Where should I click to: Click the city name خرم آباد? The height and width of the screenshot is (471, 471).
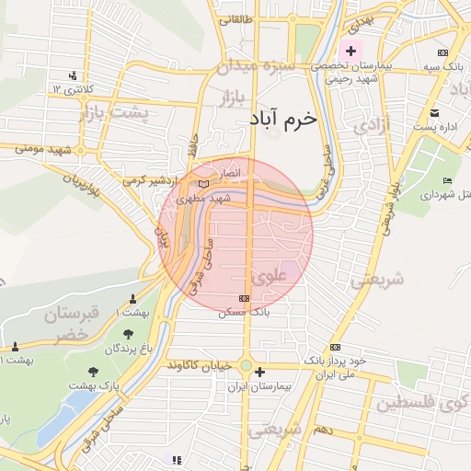(282, 119)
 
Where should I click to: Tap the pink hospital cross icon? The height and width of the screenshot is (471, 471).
(351, 50)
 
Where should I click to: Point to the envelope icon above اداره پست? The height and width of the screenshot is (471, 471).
(434, 113)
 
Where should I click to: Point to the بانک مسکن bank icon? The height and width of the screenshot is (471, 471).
(244, 298)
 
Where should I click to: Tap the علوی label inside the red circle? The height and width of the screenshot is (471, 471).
(269, 273)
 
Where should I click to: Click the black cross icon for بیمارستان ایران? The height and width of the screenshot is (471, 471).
(261, 373)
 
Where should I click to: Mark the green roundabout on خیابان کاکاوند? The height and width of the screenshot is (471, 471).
(245, 366)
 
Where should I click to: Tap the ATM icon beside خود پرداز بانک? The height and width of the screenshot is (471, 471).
(335, 347)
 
